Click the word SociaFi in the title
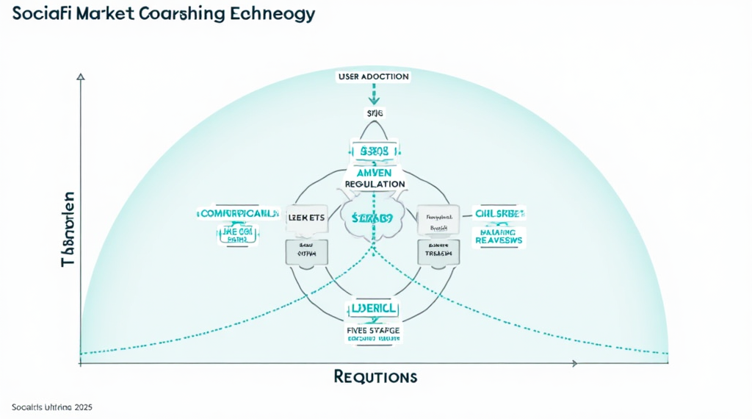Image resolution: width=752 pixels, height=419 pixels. tap(40, 14)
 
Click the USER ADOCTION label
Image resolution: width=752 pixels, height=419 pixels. tap(374, 76)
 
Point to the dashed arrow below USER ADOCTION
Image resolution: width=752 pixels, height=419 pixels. tap(374, 94)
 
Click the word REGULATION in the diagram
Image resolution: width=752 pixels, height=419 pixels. tap(375, 183)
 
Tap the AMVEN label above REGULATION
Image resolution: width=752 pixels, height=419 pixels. tap(375, 171)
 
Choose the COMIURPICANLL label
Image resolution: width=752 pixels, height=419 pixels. tap(239, 214)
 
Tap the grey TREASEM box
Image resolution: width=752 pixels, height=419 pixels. tap(439, 251)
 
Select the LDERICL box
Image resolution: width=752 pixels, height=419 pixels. tap(375, 309)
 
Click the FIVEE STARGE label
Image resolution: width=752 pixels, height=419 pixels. tap(375, 331)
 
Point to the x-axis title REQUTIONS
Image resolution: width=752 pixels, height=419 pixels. tap(375, 377)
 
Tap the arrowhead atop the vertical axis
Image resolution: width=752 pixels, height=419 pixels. tap(80, 76)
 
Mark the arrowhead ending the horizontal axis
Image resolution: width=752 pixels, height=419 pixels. tap(574, 363)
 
